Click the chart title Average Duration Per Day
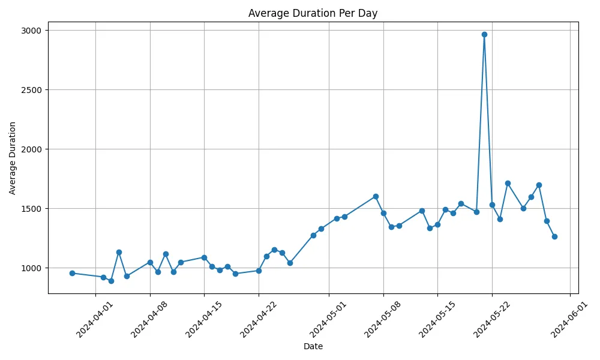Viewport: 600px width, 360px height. point(313,13)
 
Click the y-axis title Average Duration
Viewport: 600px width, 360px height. point(13,158)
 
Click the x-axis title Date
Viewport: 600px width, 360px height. point(313,346)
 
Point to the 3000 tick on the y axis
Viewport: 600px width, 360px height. point(32,31)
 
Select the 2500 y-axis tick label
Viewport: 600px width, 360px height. point(32,90)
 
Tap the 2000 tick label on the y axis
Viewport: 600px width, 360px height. point(32,149)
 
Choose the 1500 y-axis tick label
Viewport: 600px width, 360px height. point(32,209)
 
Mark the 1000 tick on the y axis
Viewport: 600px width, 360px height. point(32,268)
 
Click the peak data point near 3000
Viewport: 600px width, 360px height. point(484,34)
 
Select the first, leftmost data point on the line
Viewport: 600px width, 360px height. point(72,273)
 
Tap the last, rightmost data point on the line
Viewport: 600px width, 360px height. point(554,236)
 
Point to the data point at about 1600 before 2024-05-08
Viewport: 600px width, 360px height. point(376,196)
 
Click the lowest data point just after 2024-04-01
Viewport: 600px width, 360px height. point(111,281)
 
